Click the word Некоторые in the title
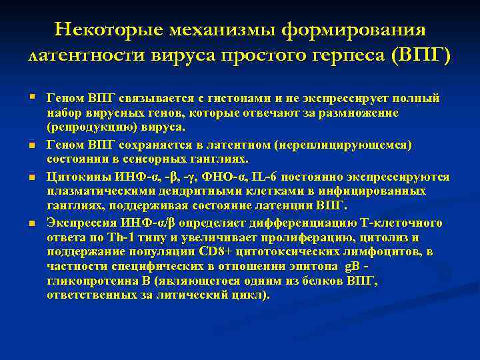(x=109, y=30)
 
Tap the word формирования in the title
(x=357, y=30)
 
